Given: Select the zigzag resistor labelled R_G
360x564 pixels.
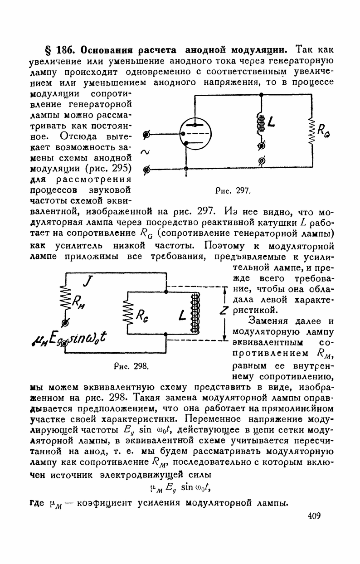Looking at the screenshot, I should click(x=311, y=131).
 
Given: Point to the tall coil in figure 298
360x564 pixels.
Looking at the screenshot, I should click(x=195, y=313).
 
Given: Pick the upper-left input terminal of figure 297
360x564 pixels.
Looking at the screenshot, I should click(x=146, y=135).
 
